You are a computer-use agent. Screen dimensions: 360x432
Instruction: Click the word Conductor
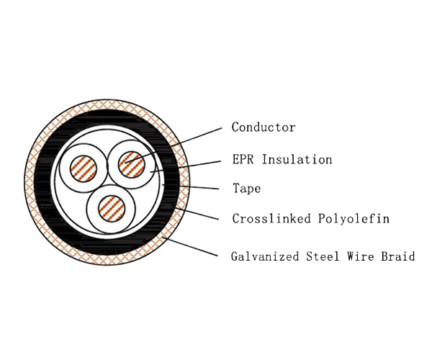click(263, 127)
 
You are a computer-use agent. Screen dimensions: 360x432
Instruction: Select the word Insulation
click(297, 159)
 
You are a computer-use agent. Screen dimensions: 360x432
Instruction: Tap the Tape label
click(246, 189)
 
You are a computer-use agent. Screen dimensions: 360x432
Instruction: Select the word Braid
click(400, 256)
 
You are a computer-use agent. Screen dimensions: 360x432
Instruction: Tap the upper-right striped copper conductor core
click(130, 162)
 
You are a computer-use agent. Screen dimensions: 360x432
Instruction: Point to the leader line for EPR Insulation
click(194, 163)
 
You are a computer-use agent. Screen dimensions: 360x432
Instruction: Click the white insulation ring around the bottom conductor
click(91, 216)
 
